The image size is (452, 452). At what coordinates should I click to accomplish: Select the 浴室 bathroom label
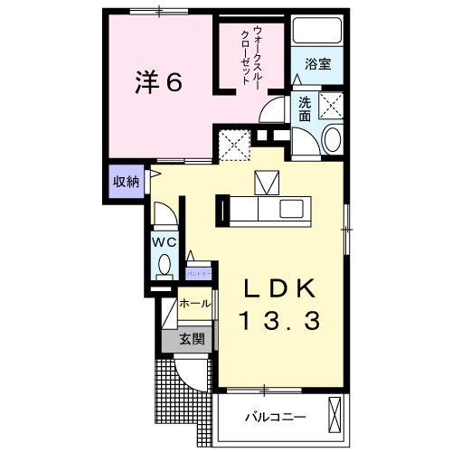pyautogui.click(x=317, y=66)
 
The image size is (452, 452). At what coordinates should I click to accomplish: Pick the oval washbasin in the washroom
pyautogui.click(x=331, y=139)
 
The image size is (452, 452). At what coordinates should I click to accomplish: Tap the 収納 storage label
pyautogui.click(x=126, y=181)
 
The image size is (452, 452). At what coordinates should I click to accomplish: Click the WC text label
pyautogui.click(x=164, y=242)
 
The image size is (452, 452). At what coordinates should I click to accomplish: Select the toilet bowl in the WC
pyautogui.click(x=164, y=265)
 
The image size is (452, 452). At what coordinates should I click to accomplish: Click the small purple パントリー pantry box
pyautogui.click(x=198, y=270)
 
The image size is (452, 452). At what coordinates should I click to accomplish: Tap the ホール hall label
pyautogui.click(x=195, y=304)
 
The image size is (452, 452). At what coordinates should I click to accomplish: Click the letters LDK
pyautogui.click(x=280, y=288)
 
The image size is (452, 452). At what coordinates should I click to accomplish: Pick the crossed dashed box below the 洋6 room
pyautogui.click(x=233, y=143)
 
